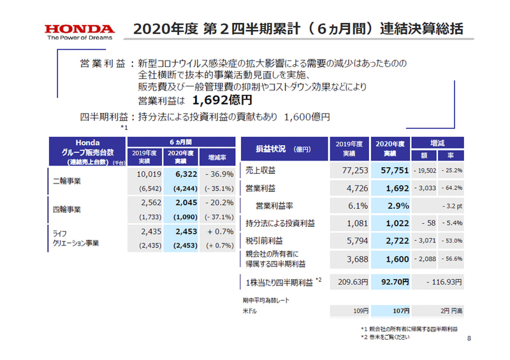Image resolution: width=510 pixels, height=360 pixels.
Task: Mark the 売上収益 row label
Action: tap(261, 171)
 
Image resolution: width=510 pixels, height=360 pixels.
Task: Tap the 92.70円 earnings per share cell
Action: tap(388, 281)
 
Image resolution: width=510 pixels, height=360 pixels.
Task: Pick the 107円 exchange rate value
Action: tap(396, 312)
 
